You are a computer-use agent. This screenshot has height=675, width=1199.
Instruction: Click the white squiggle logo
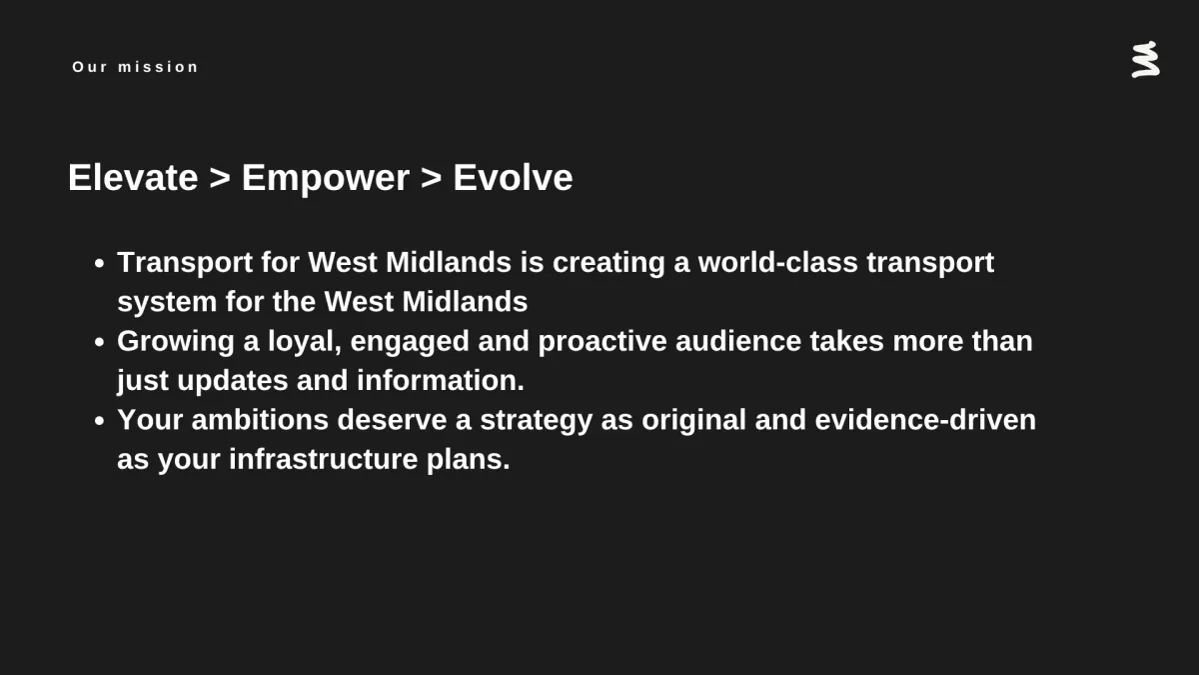coord(1145,59)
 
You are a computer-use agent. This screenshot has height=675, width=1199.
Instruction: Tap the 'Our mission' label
coord(136,67)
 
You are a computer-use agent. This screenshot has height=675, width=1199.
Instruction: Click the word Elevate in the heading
coord(133,177)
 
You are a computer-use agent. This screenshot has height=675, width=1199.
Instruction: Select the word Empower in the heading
coord(326,179)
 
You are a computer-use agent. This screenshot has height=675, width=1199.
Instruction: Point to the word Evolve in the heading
coord(513,177)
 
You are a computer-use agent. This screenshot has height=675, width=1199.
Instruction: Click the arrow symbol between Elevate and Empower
coord(220,178)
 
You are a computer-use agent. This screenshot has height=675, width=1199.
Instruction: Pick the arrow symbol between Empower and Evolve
coord(431,178)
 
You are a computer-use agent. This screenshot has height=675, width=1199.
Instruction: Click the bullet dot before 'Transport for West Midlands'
coord(99,263)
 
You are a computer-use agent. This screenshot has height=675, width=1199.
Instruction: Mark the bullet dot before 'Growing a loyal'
coord(99,342)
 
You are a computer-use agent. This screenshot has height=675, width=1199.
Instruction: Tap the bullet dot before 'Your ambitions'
coord(99,421)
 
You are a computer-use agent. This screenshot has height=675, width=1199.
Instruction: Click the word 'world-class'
coord(777,262)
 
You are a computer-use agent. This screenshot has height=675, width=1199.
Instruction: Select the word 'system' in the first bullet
coord(167,303)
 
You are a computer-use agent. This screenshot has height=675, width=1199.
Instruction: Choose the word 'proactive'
coord(602,342)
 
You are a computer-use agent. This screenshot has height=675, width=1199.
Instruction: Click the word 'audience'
coord(738,341)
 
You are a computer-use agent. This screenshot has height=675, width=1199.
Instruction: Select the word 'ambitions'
coord(260,419)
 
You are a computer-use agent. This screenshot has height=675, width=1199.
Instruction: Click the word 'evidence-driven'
coord(925,419)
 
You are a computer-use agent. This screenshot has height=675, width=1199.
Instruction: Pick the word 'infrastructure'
coord(324,459)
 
